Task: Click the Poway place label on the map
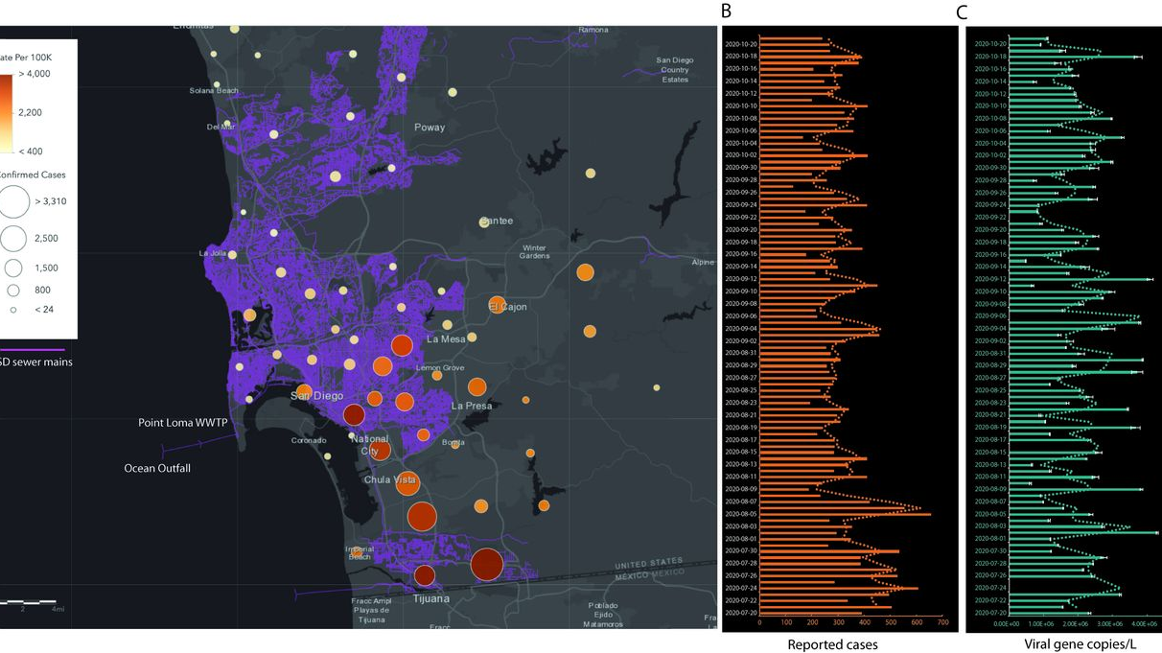430,128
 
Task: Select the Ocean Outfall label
157,468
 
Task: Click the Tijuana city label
430,599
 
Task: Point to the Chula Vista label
390,479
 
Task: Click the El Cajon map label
508,307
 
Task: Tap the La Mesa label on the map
445,338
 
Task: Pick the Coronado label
308,441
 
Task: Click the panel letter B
726,12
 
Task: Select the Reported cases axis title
832,644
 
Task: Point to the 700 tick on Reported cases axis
942,622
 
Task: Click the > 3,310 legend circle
15,202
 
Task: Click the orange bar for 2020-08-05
845,514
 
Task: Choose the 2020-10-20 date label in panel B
741,44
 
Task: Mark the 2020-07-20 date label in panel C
990,613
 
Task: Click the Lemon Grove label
440,368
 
